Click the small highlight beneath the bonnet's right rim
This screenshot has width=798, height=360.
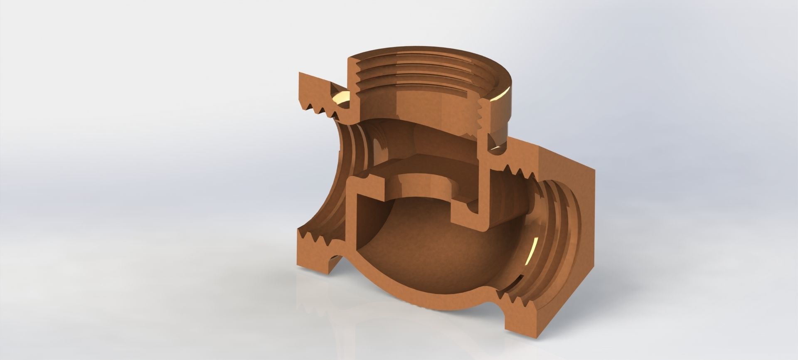[497, 147]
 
